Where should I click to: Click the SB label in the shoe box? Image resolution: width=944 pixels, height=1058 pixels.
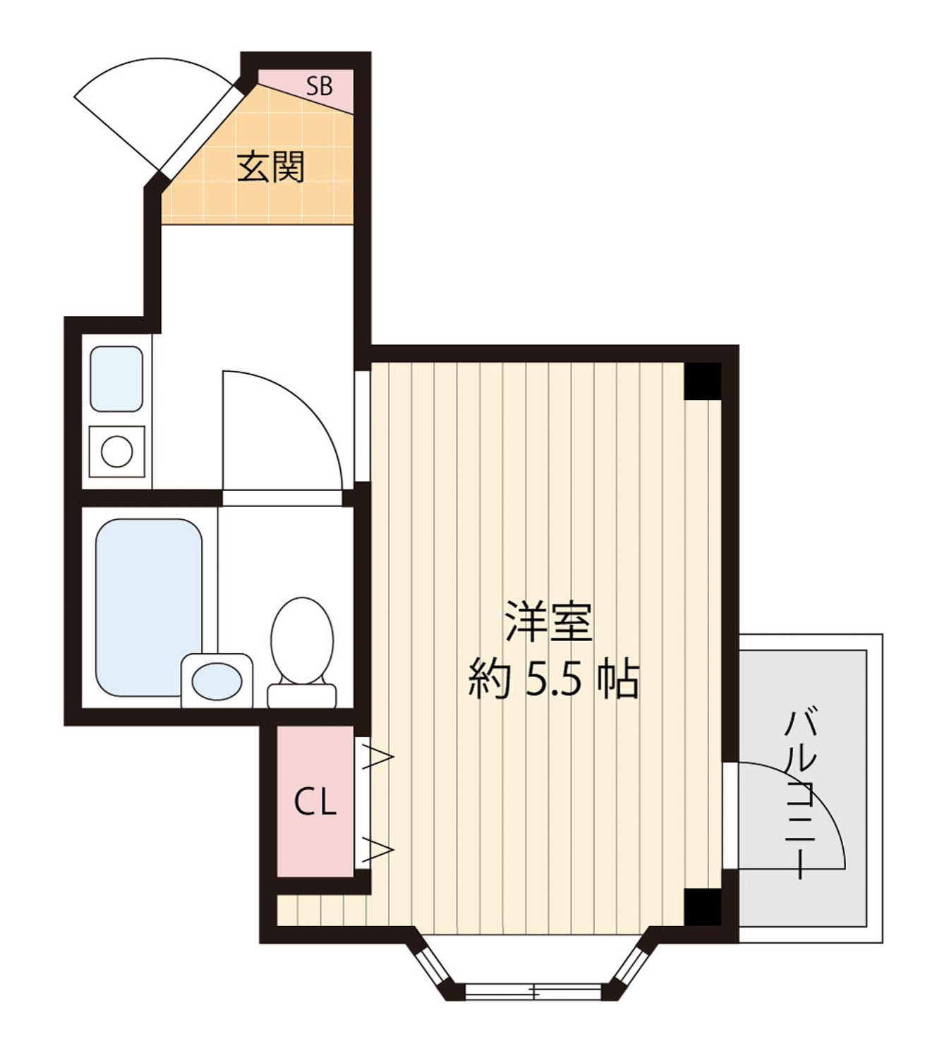point(319,86)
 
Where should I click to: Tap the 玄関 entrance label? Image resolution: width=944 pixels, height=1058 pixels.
point(270,167)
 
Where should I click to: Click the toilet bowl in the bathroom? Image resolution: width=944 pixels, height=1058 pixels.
point(302,640)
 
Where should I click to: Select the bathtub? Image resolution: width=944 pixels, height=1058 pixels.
point(149,607)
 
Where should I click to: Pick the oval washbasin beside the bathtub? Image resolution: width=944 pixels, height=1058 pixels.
point(217,681)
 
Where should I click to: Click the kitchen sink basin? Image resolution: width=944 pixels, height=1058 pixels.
point(116,379)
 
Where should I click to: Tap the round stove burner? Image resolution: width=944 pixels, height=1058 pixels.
point(116,451)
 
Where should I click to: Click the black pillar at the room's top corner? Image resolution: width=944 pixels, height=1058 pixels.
point(703,381)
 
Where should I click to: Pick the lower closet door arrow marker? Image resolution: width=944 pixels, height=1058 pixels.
point(377,850)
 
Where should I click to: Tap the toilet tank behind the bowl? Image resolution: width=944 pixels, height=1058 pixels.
point(301,696)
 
